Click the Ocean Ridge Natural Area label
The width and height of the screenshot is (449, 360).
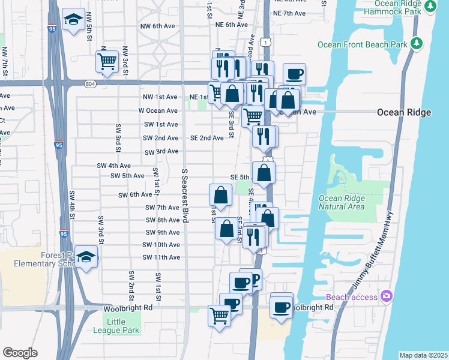[342, 203]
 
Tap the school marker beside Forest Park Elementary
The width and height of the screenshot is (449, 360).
[86, 257]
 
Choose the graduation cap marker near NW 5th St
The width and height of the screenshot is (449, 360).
[73, 20]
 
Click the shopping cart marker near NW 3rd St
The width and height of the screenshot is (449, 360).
[107, 61]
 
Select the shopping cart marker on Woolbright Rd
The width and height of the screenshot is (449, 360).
[219, 314]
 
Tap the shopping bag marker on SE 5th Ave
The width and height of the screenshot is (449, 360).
[264, 173]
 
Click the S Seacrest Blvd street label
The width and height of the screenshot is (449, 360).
[185, 196]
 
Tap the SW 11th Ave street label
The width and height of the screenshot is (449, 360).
[161, 257]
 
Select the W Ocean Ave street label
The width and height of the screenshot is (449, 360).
[158, 110]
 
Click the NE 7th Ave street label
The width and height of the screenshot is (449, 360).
[289, 13]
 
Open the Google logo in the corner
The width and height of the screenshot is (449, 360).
[20, 353]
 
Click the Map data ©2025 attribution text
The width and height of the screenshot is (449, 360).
[423, 355]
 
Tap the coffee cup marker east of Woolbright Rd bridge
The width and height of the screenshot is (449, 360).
[281, 308]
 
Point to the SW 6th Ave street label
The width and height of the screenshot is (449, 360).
[136, 195]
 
